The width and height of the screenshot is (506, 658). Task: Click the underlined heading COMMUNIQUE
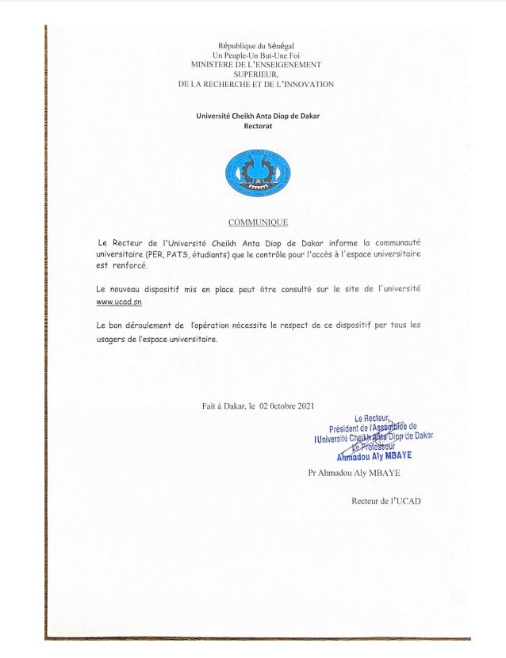point(258,223)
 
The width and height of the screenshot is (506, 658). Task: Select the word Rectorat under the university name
point(258,126)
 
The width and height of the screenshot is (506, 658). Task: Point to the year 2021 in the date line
point(306,406)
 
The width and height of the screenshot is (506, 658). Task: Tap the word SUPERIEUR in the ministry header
point(256,75)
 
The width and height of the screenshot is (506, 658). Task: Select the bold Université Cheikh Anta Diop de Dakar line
point(258,116)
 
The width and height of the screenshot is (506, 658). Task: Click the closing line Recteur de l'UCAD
point(385,501)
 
